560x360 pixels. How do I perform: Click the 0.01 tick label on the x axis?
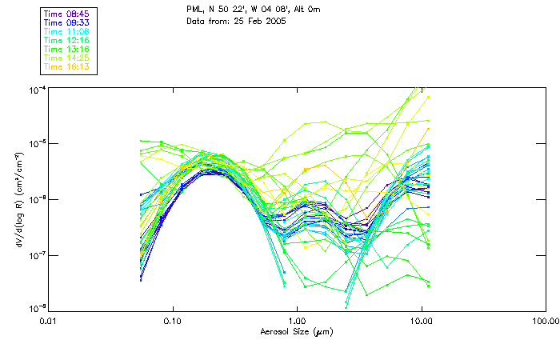[48, 320]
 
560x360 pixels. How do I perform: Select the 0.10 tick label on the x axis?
[172, 320]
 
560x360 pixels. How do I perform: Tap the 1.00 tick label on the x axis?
[297, 320]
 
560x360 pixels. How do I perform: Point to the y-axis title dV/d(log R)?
[18, 199]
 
